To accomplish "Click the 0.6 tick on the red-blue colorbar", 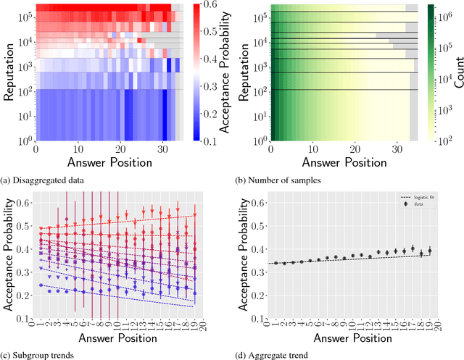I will click(203, 5).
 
